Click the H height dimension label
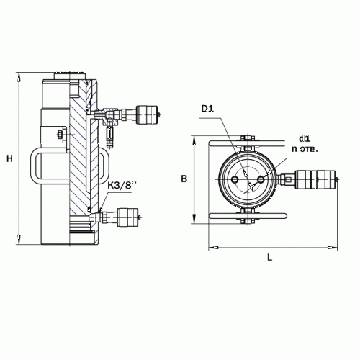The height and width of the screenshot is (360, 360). [x=9, y=159]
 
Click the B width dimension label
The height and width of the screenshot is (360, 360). [x=184, y=179]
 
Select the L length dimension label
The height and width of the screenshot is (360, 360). [x=270, y=258]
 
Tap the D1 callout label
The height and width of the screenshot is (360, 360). [x=207, y=109]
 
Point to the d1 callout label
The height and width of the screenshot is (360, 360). [x=305, y=139]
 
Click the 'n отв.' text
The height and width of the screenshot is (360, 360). [x=305, y=149]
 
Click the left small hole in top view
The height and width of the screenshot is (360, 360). [x=235, y=179]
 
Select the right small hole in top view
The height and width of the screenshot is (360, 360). [x=261, y=179]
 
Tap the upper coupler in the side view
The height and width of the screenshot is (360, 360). [x=147, y=114]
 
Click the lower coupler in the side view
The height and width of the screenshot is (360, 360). [x=127, y=217]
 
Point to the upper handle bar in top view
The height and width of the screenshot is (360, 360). [x=246, y=143]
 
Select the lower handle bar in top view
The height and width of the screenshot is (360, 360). [x=248, y=216]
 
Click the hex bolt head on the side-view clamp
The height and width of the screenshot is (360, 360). [x=59, y=134]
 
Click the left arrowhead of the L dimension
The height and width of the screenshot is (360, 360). [x=213, y=247]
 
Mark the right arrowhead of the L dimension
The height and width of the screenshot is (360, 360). [x=333, y=247]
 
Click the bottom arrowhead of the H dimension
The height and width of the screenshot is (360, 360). [x=19, y=240]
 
